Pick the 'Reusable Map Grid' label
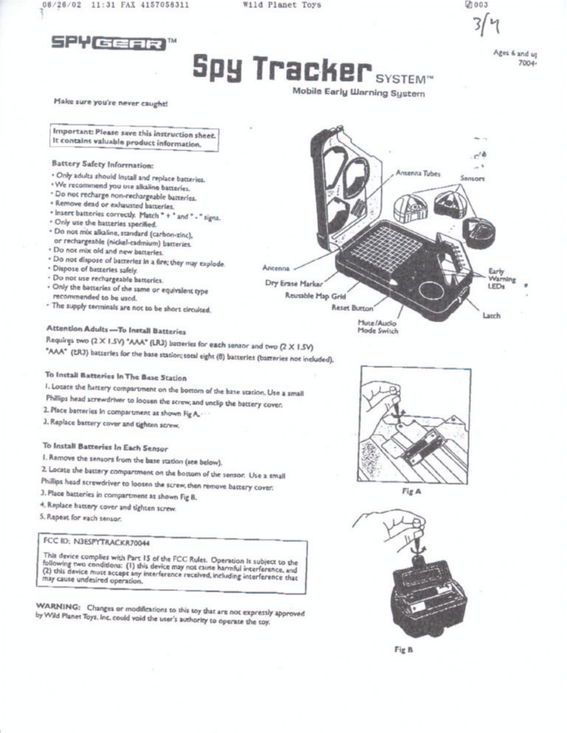pyautogui.click(x=316, y=296)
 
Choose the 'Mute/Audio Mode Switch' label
pyautogui.click(x=378, y=327)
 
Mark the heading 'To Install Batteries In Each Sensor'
pyautogui.click(x=105, y=447)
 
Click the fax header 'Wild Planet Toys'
pyautogui.click(x=282, y=5)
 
